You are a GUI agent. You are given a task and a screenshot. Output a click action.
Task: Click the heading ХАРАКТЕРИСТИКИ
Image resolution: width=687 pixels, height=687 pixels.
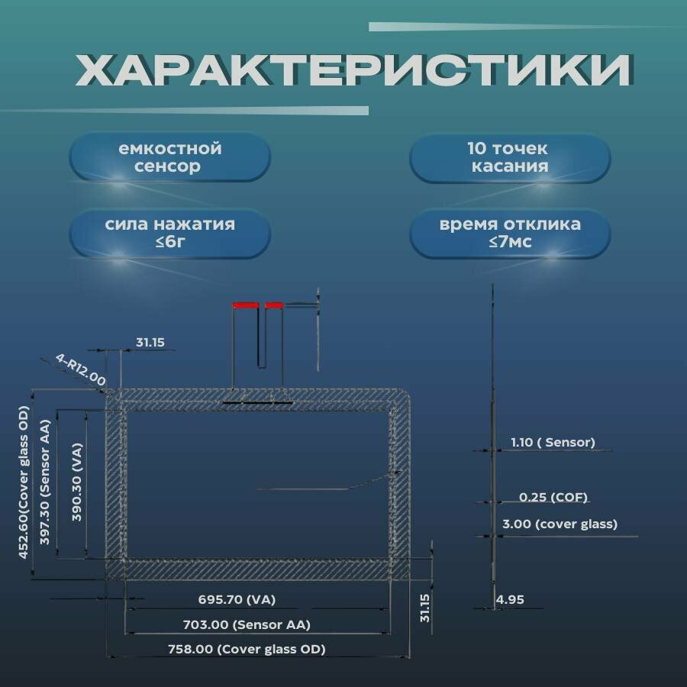pyautogui.click(x=353, y=71)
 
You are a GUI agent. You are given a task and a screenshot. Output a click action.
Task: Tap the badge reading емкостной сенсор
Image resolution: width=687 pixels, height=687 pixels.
pyautogui.click(x=170, y=157)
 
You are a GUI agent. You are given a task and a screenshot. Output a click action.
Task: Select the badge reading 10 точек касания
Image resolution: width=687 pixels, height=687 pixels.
pyautogui.click(x=510, y=157)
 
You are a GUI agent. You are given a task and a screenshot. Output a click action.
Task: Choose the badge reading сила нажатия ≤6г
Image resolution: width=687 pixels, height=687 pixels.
pyautogui.click(x=170, y=234)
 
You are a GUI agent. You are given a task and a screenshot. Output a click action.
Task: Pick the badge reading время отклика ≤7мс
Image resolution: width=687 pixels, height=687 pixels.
pyautogui.click(x=510, y=234)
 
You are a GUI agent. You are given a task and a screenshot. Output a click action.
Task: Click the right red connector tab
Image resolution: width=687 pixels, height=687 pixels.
pyautogui.click(x=274, y=305)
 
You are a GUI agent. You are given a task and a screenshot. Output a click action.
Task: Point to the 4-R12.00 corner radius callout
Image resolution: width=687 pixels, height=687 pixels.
pyautogui.click(x=80, y=369)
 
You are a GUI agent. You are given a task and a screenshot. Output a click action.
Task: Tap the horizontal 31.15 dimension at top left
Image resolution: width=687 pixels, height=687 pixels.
pyautogui.click(x=150, y=343)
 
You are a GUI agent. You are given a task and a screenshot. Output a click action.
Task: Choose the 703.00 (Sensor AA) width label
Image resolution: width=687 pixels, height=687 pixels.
pyautogui.click(x=247, y=624)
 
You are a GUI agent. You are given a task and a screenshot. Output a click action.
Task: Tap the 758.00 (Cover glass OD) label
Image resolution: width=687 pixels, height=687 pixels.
pyautogui.click(x=247, y=650)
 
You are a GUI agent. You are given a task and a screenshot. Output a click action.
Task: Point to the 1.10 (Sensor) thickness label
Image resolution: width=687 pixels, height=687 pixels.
pyautogui.click(x=553, y=442)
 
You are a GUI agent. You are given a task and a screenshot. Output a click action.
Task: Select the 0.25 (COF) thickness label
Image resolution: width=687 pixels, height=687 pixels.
pyautogui.click(x=553, y=497)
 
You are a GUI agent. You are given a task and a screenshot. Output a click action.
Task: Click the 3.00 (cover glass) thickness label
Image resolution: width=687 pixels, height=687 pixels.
pyautogui.click(x=560, y=524)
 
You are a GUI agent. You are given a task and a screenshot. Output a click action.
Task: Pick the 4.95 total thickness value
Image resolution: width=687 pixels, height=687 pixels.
pyautogui.click(x=510, y=600)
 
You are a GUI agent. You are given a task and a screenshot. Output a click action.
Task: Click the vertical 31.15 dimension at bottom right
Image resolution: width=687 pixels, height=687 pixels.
pyautogui.click(x=425, y=608)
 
